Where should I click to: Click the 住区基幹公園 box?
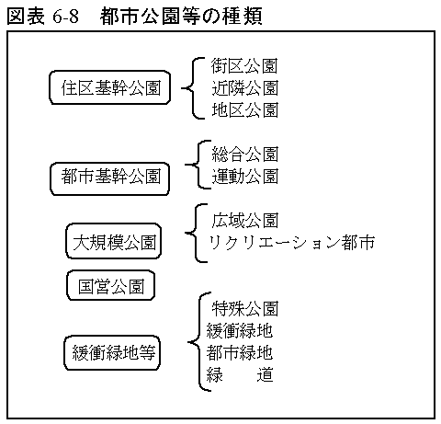[110, 87]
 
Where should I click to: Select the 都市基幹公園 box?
[110, 178]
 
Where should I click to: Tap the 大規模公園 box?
[114, 241]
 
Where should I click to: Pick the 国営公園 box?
[111, 285]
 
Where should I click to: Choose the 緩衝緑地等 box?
[112, 353]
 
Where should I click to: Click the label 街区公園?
[244, 66]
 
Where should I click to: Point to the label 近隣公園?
[244, 88]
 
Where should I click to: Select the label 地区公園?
[244, 110]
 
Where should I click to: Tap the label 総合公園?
[244, 155]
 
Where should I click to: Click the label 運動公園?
[244, 177]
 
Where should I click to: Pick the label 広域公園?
[244, 221]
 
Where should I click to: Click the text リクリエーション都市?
[291, 243]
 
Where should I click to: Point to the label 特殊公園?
[244, 309]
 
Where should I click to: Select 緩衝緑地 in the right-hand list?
[240, 331]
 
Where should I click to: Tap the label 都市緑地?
[240, 353]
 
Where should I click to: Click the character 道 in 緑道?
[265, 374]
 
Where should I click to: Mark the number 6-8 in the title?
[65, 17]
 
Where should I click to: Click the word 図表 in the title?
[26, 17]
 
